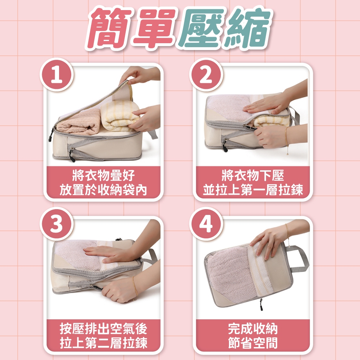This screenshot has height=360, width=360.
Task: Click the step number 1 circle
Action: pos(57,75)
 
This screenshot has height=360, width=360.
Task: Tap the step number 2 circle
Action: pos(206,75)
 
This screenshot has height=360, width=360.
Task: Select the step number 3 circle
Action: pos(57,224)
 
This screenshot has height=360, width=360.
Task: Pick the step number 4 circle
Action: pos(206,224)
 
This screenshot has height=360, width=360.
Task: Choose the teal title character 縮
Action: pos(248,29)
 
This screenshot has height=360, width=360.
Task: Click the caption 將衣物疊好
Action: pos(103,176)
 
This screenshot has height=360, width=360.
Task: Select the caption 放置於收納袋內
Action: pos(103,190)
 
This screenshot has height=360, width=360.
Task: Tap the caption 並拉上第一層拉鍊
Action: pos(253,190)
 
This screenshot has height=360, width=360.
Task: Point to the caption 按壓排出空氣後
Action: pos(103,329)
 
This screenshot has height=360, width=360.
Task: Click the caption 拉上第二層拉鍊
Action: pos(103,343)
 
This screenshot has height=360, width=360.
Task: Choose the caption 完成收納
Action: pos(253,329)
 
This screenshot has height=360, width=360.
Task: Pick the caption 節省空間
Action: pos(253,343)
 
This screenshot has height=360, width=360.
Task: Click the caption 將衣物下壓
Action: pos(253,176)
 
